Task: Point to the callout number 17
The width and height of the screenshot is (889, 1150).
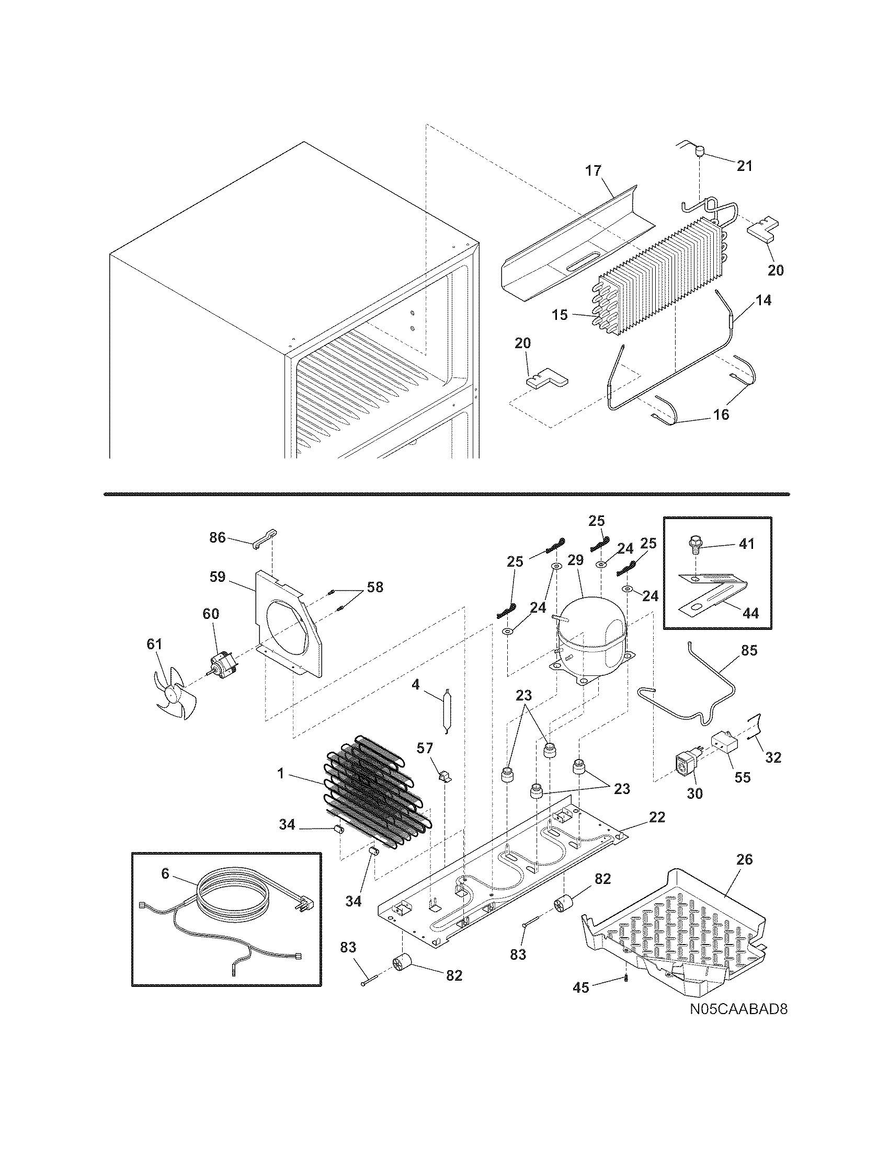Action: coord(592,170)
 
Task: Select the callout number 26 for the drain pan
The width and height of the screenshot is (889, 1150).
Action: coord(744,859)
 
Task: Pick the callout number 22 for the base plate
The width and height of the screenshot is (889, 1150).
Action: coord(657,817)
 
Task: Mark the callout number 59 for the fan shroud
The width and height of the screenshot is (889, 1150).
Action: coord(217,577)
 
